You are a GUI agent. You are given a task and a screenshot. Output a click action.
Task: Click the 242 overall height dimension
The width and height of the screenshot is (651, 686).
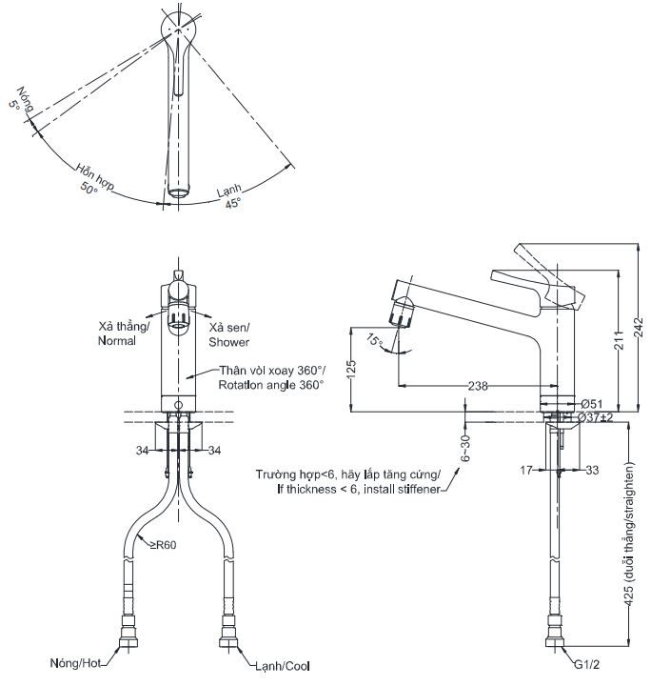pos(639,327)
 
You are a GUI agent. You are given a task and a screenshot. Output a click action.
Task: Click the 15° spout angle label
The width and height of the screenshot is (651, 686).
pos(375,341)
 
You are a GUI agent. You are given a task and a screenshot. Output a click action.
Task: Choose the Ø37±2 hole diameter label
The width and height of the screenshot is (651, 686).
pos(599,417)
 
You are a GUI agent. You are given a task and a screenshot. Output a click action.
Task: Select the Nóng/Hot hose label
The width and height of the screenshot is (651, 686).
pos(79,662)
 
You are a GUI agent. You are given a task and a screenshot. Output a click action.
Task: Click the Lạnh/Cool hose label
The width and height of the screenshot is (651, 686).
pos(282,666)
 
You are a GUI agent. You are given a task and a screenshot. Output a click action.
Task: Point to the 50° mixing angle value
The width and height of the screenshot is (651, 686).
pos(89,188)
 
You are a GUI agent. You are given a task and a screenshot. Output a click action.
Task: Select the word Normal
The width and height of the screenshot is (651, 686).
pos(117,340)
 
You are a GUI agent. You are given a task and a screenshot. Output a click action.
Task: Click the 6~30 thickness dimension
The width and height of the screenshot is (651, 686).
pos(465,448)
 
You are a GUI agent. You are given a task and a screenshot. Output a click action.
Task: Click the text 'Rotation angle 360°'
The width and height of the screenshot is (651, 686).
pos(271,385)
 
